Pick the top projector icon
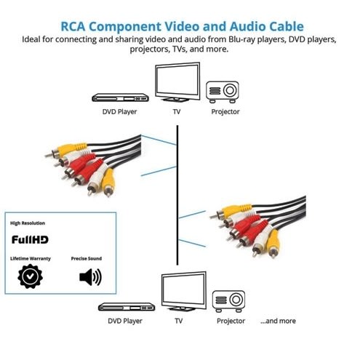coord(224,91)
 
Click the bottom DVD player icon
coord(124,307)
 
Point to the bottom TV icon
coord(181,292)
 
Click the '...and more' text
coord(278,321)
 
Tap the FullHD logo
coord(30,238)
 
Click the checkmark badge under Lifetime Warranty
coord(29,277)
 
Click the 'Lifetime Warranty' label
coord(31,258)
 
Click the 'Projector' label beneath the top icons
coord(225,112)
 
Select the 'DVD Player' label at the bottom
coord(124,321)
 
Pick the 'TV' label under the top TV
coord(177,112)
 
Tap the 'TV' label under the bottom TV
coord(179,321)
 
